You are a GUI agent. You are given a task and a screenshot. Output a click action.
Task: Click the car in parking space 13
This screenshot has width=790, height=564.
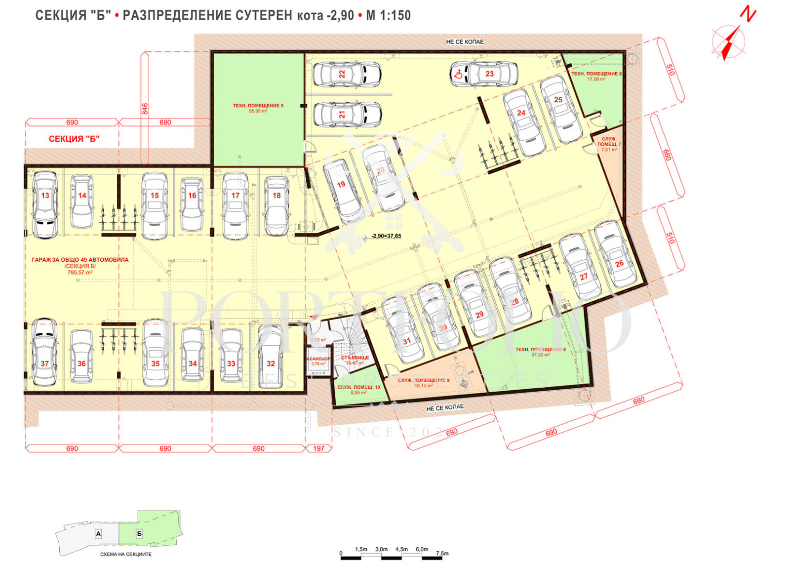(x=45, y=204)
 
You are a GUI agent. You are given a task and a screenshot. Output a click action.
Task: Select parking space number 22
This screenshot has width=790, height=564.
(x=347, y=74)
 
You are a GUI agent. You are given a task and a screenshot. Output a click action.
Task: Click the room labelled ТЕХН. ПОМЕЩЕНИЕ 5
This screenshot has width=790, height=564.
(x=258, y=108)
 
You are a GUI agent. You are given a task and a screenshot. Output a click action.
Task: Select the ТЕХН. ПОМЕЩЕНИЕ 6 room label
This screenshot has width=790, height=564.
(x=596, y=74)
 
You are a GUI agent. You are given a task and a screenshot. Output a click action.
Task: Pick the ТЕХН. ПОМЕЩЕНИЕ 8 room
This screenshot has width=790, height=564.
(x=540, y=351)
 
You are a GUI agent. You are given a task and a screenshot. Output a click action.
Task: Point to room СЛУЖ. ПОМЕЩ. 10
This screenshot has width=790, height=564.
(x=358, y=389)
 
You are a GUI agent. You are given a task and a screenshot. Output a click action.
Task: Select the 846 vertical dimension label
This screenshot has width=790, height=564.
(x=145, y=109)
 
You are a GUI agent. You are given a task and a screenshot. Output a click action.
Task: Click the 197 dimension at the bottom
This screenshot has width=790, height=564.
(x=318, y=448)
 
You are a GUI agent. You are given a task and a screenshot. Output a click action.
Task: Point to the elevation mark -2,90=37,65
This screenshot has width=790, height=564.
(x=386, y=236)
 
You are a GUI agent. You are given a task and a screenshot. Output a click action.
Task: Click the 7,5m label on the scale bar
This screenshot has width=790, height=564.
(x=442, y=553)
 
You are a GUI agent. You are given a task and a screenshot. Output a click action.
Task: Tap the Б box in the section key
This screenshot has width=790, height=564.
(x=139, y=534)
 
